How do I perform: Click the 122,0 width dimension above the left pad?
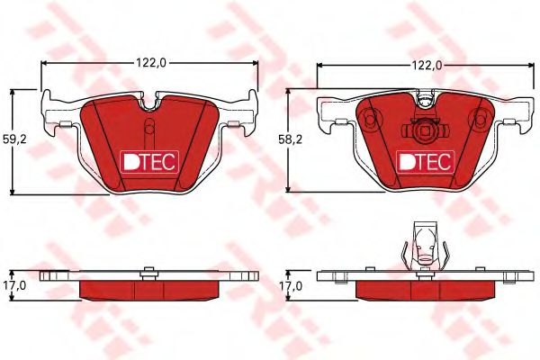[x=150, y=62]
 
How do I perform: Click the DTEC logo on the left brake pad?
[x=150, y=161]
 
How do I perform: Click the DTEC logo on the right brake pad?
[x=426, y=161]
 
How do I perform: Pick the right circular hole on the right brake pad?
[x=480, y=116]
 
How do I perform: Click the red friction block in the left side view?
[x=150, y=288]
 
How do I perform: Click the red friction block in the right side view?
[x=426, y=288]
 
